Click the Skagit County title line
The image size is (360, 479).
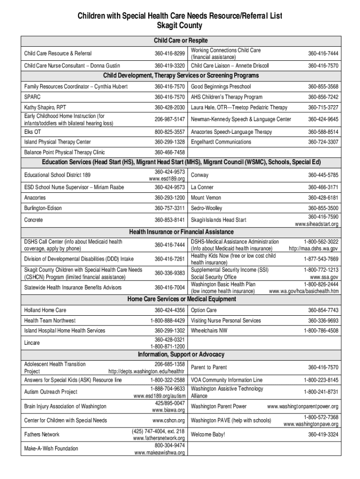(180, 26)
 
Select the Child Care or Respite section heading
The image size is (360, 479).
(180, 41)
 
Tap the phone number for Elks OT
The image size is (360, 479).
(169, 132)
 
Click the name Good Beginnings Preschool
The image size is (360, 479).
(221, 87)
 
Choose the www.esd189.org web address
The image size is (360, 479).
(167, 179)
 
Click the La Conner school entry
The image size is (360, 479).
(202, 187)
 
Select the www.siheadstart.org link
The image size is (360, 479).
(317, 224)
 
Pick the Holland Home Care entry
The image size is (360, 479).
(45, 310)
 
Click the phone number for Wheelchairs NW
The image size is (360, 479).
(321, 331)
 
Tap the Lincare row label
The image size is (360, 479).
(32, 343)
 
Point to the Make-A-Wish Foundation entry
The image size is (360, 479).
(51, 449)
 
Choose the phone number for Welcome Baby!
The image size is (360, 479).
(323, 435)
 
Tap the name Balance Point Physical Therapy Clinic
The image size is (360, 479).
(65, 152)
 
